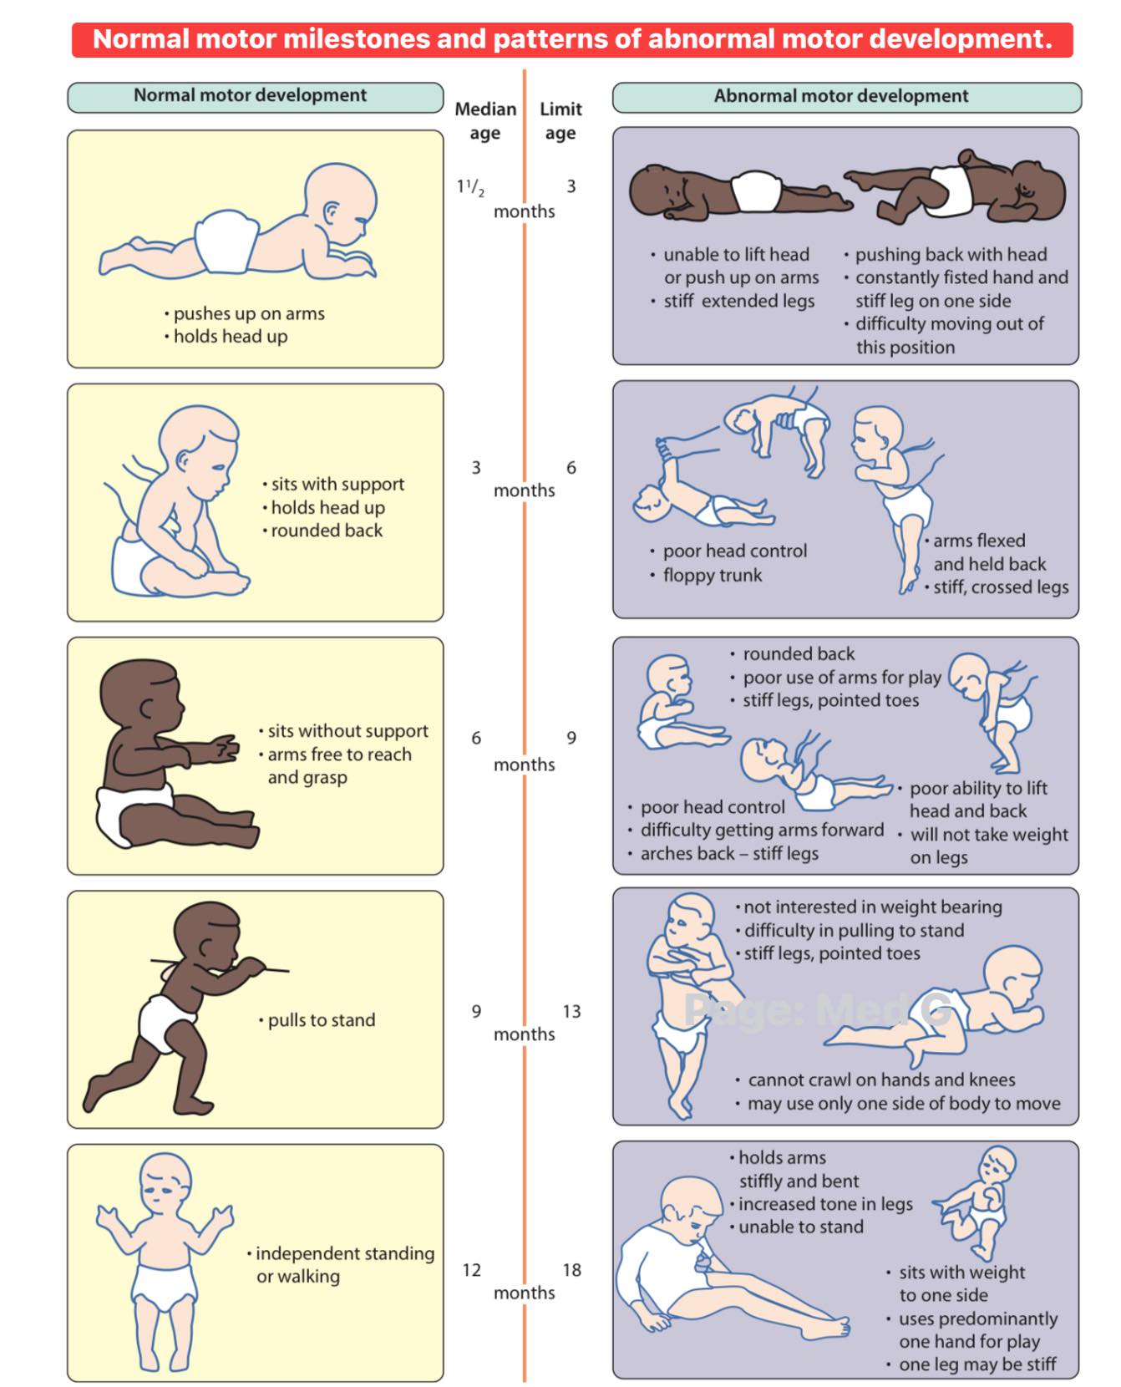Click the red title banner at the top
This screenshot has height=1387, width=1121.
tap(572, 39)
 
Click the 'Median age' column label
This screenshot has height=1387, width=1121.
tap(485, 121)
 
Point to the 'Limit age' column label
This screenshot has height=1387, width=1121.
tap(560, 121)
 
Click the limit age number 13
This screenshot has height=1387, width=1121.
tap(571, 1011)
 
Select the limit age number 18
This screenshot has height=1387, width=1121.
tap(571, 1270)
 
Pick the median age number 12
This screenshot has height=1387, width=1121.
tap(472, 1270)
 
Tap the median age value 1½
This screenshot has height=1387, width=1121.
tap(470, 186)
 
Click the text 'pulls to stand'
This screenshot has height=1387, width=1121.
tap(322, 1020)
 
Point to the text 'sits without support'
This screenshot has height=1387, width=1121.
tap(347, 731)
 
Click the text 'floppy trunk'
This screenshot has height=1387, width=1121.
tap(713, 575)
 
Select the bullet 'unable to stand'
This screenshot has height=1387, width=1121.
tap(800, 1227)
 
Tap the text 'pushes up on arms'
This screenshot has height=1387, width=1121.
tap(249, 313)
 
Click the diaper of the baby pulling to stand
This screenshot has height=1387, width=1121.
tap(165, 1022)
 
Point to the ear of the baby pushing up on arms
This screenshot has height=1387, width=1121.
tap(332, 211)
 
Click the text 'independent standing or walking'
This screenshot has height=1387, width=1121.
tap(345, 1265)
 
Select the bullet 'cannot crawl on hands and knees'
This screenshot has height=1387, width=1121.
tap(881, 1080)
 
